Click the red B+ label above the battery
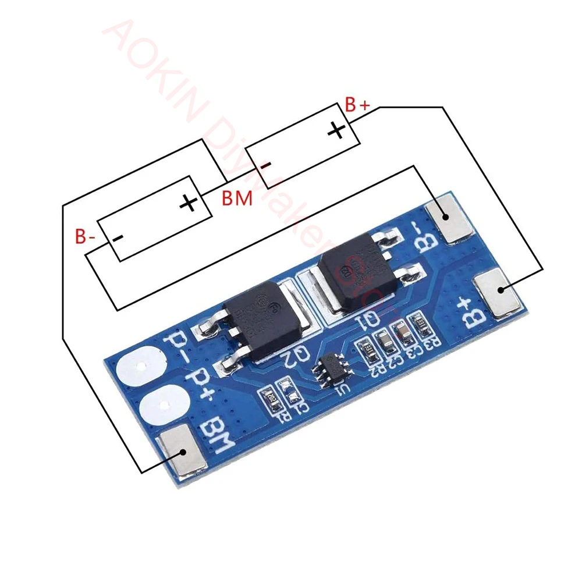click(357, 105)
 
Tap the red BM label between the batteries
click(237, 198)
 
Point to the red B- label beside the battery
click(84, 237)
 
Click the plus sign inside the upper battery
click(336, 130)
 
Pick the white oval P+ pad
click(164, 404)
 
